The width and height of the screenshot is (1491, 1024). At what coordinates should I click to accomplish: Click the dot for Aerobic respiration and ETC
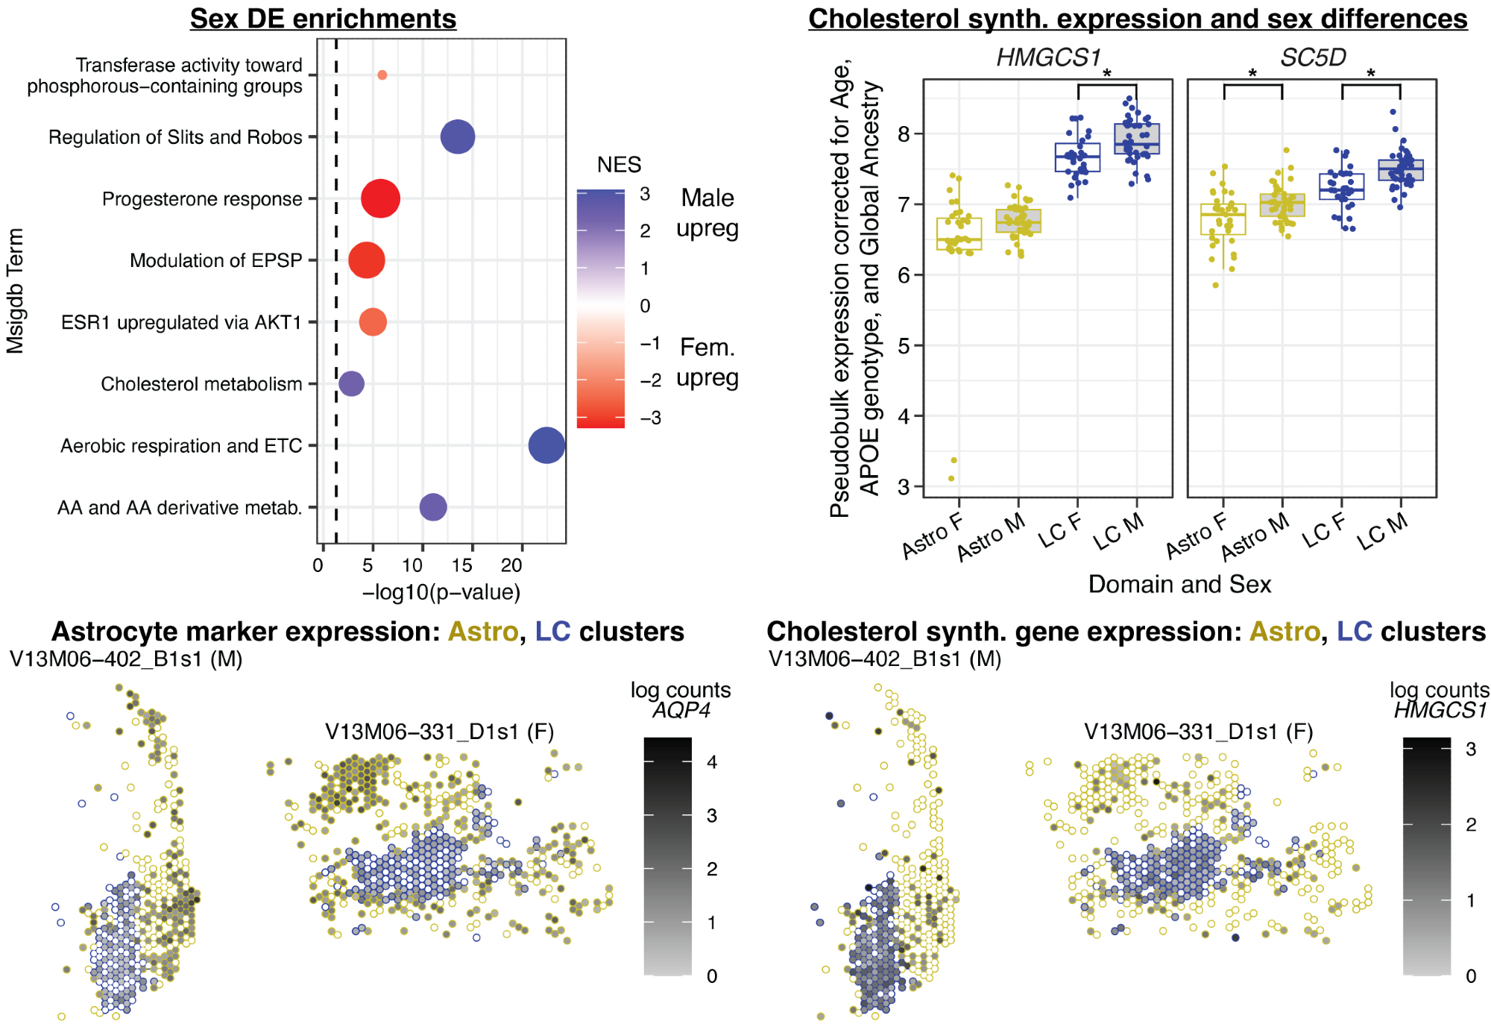(546, 445)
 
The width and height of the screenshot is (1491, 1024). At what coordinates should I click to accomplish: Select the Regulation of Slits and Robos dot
(458, 137)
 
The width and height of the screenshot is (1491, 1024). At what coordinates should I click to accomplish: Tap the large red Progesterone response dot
(380, 199)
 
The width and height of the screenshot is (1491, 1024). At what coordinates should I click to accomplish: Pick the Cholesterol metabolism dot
(352, 384)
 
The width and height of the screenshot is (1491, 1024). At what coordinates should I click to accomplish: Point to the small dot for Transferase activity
(382, 75)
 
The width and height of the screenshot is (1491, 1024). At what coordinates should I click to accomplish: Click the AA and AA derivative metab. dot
(433, 507)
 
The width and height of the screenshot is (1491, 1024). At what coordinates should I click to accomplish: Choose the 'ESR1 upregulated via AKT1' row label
(181, 322)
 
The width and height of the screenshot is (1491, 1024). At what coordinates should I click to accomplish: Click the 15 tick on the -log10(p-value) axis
(461, 565)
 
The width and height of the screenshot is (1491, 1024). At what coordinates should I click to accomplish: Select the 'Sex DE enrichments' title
(323, 19)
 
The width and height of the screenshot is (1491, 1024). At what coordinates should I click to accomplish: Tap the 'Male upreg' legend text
(707, 213)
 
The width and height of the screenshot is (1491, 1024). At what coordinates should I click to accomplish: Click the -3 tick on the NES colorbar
(651, 418)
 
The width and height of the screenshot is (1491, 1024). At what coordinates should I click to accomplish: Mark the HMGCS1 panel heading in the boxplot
(1048, 57)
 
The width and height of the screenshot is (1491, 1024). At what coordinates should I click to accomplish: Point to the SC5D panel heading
(1313, 57)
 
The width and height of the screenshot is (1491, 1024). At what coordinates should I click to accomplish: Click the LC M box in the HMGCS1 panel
(1137, 139)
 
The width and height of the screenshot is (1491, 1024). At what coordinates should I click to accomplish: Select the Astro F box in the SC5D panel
(1223, 219)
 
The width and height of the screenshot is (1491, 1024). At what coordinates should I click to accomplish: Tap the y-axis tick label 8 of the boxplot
(904, 134)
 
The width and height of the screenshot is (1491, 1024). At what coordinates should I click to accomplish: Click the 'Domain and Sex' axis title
(1179, 584)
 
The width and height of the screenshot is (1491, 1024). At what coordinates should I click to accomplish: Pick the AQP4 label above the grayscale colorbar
(681, 710)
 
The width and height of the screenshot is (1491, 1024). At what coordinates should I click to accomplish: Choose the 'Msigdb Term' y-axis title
(16, 291)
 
